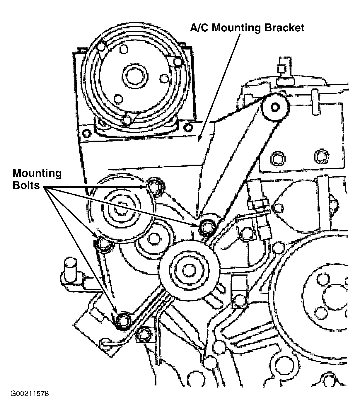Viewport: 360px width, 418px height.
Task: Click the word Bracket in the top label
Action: (x=284, y=28)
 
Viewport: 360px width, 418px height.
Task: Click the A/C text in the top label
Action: (x=199, y=28)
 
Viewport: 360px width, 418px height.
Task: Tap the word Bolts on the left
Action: (x=26, y=185)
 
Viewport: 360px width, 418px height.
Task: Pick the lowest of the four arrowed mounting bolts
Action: (x=123, y=321)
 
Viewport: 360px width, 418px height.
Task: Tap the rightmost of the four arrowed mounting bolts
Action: (x=207, y=228)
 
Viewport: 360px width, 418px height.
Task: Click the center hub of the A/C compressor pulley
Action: (x=135, y=76)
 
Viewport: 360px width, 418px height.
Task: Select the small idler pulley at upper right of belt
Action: (x=275, y=107)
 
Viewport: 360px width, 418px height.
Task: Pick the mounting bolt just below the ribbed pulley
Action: (x=104, y=244)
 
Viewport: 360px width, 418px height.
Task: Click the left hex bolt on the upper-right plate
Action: (x=278, y=158)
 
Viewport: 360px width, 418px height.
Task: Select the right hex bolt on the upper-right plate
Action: (x=322, y=156)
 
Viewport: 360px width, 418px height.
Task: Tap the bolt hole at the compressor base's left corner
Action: (x=87, y=133)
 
